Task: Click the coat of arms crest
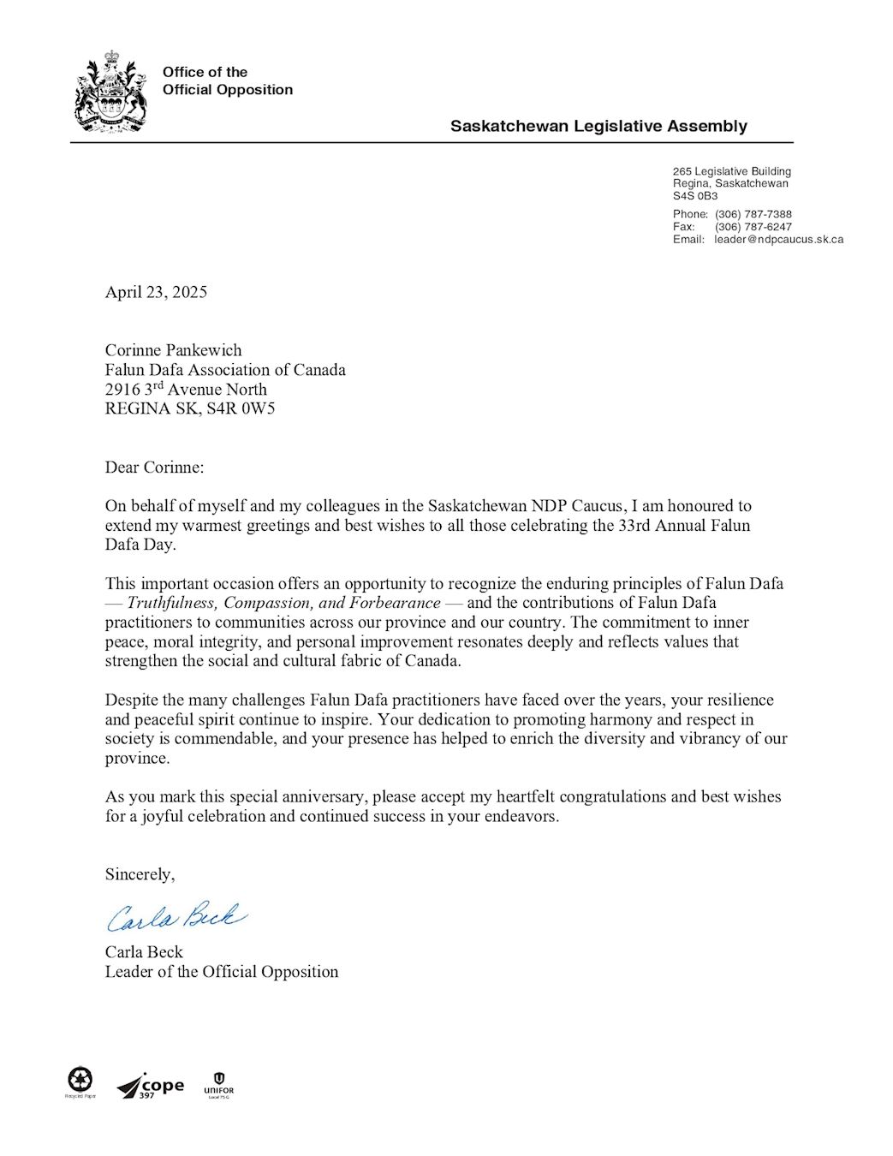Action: (x=110, y=92)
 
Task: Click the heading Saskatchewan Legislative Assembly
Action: (x=598, y=126)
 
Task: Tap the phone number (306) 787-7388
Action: (x=753, y=214)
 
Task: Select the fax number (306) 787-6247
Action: (x=753, y=227)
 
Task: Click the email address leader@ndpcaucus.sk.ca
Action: (x=779, y=240)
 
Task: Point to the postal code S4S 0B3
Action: (x=694, y=196)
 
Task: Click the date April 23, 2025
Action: (x=156, y=292)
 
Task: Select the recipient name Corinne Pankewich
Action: (x=173, y=350)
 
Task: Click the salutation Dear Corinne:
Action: (x=154, y=468)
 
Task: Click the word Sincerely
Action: (x=139, y=874)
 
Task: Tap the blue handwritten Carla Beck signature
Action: (x=176, y=917)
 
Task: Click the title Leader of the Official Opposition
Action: (x=221, y=972)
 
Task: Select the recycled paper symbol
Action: (x=80, y=1081)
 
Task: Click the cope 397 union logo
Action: (x=151, y=1087)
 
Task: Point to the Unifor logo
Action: (x=218, y=1084)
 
